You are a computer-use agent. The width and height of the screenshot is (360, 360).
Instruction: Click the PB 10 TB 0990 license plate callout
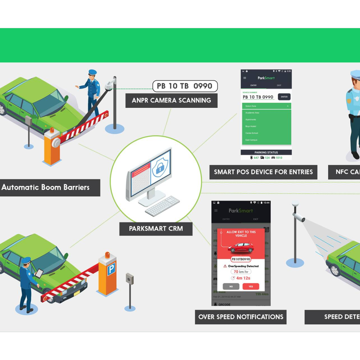tap(185, 86)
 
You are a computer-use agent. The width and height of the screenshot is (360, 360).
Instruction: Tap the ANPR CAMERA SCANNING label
tap(171, 100)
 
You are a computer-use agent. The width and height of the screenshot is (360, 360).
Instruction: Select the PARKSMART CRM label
tap(156, 229)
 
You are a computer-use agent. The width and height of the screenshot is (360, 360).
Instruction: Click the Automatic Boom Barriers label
tap(46, 187)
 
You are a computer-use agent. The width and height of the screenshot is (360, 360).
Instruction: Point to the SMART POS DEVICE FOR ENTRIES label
tap(263, 172)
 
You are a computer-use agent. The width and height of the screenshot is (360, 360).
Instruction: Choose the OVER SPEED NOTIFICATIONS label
tap(241, 317)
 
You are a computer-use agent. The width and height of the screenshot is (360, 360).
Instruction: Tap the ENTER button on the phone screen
tap(284, 97)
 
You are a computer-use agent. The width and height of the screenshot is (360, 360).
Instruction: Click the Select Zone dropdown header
tap(266, 106)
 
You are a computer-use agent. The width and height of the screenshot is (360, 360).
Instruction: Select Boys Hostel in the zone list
tap(251, 126)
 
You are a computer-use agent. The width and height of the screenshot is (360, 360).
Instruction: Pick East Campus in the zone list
tap(251, 140)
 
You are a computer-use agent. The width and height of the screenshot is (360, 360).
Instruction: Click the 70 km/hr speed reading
tap(241, 272)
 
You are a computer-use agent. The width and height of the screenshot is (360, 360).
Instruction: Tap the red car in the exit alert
tap(241, 247)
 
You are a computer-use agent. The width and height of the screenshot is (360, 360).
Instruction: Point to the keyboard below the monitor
tap(162, 206)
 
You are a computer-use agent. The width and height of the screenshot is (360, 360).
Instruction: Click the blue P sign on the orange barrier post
tap(111, 269)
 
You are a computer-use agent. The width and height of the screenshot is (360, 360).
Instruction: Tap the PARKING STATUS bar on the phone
tap(266, 152)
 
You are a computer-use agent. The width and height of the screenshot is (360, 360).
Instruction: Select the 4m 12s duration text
tap(243, 278)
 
